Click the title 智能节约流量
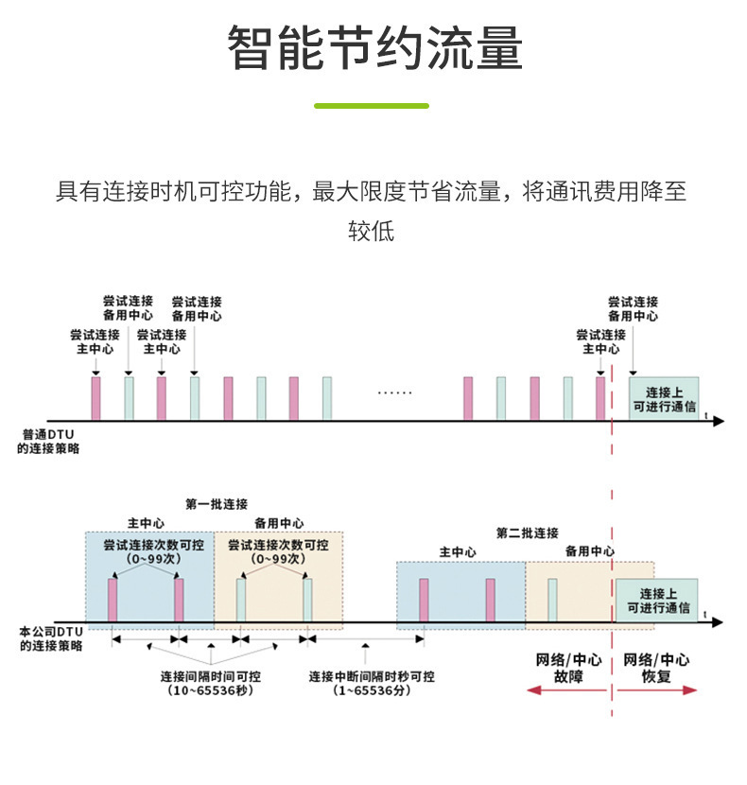pyautogui.click(x=374, y=48)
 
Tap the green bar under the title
pyautogui.click(x=372, y=106)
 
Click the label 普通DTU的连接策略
pyautogui.click(x=48, y=442)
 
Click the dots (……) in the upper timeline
pyautogui.click(x=394, y=392)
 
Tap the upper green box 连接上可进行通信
pyautogui.click(x=664, y=398)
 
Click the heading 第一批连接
pyautogui.click(x=216, y=503)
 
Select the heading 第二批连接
pyautogui.click(x=527, y=532)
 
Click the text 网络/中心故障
pyautogui.click(x=567, y=668)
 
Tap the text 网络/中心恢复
pyautogui.click(x=656, y=668)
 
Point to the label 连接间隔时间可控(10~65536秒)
pyautogui.click(x=210, y=683)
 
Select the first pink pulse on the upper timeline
pyautogui.click(x=96, y=399)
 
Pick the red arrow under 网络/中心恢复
pyautogui.click(x=656, y=691)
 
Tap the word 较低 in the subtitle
pyautogui.click(x=372, y=231)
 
